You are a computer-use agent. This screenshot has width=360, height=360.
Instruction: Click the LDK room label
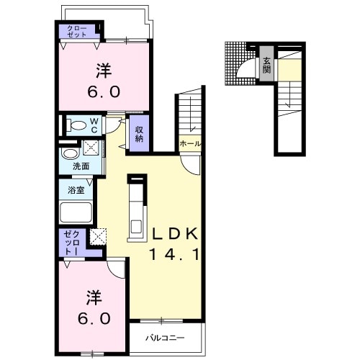point(175,233)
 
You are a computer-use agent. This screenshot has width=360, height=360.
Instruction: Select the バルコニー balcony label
point(166,338)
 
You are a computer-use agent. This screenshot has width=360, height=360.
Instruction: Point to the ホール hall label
point(190,144)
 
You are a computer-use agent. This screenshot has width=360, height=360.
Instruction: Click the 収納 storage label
point(139,134)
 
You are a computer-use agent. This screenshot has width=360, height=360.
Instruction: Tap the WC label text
point(94,125)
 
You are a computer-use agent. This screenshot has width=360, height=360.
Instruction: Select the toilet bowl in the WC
point(77,125)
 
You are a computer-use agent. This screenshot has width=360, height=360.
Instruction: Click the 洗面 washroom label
point(81,166)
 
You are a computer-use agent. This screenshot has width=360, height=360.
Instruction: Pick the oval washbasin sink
point(70,154)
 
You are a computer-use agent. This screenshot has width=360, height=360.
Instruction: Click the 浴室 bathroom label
point(76,190)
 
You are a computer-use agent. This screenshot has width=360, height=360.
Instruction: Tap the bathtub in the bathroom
point(76,212)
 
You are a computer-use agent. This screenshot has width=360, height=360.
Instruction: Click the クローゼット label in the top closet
point(77,32)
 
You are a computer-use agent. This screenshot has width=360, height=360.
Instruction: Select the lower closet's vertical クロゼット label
point(72,243)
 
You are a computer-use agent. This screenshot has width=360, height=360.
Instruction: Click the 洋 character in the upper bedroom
point(104,71)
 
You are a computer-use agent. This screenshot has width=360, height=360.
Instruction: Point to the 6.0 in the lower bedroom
point(94,318)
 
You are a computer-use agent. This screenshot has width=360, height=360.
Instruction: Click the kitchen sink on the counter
point(136,227)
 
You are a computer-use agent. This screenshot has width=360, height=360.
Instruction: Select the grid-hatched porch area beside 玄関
point(236,63)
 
